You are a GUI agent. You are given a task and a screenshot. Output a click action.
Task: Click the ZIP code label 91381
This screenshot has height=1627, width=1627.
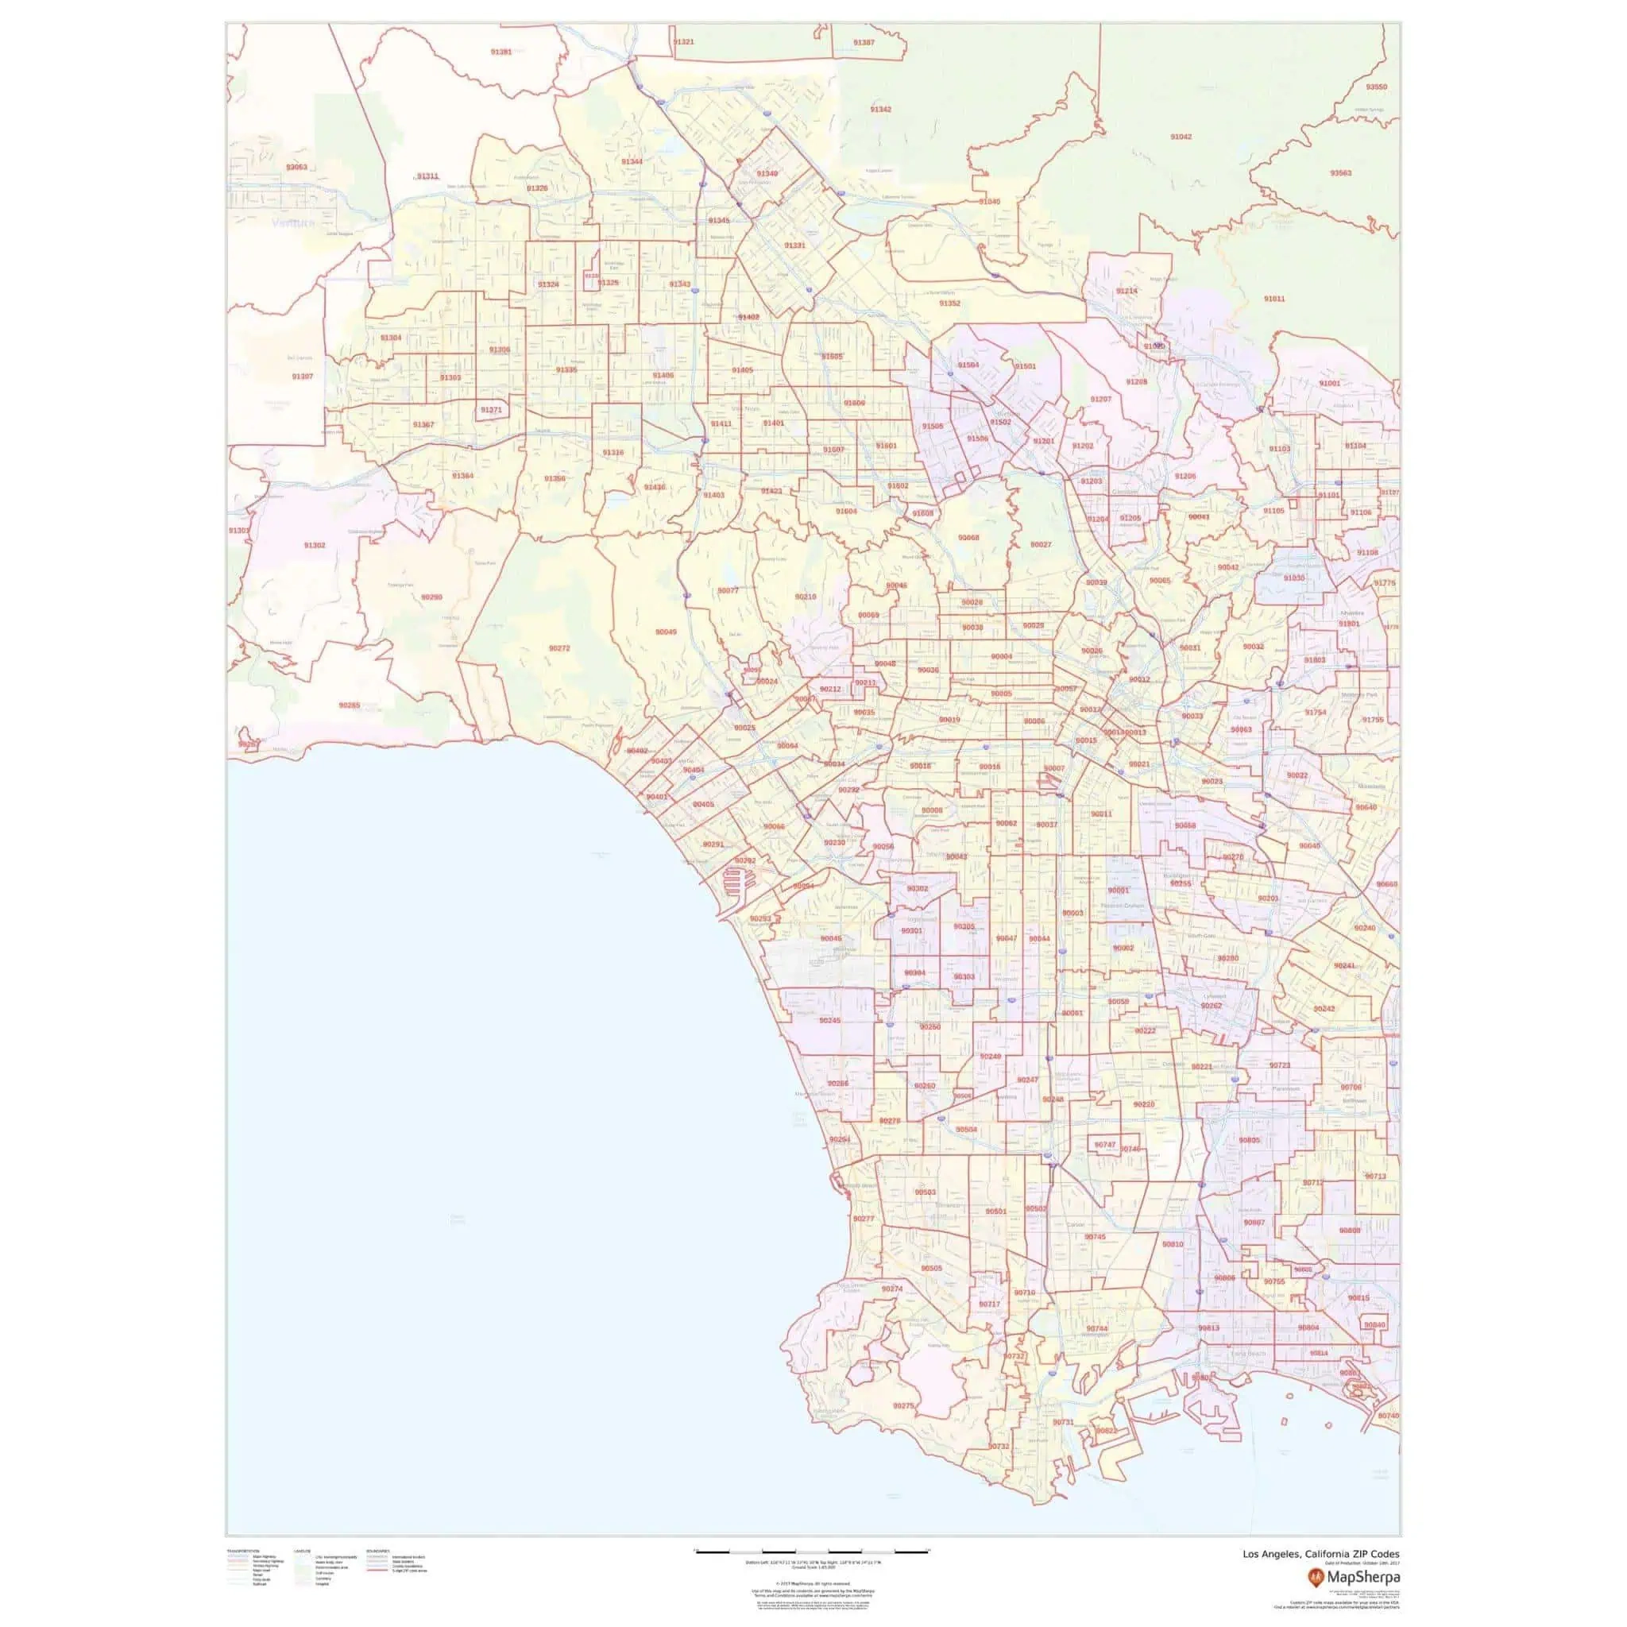[500, 52]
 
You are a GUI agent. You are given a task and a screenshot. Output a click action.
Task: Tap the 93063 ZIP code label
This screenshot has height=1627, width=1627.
[296, 168]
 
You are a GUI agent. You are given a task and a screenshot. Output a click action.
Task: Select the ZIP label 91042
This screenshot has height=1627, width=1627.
[1181, 137]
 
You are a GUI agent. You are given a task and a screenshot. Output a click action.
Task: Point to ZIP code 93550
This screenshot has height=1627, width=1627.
[1376, 87]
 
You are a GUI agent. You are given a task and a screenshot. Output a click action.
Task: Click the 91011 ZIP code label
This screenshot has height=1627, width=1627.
[1274, 299]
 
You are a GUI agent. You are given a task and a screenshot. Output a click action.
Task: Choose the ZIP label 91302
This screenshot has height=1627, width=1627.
[314, 546]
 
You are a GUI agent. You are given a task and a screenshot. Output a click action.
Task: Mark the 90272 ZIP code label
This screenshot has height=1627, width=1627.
[559, 648]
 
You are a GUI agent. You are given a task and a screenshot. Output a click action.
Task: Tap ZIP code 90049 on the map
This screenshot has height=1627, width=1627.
[665, 632]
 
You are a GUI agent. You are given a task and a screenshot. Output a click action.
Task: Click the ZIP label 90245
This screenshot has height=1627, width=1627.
[829, 1021]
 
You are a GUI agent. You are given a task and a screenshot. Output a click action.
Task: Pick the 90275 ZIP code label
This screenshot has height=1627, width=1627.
[902, 1406]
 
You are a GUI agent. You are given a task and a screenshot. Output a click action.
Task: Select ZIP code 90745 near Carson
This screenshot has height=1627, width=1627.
[1095, 1237]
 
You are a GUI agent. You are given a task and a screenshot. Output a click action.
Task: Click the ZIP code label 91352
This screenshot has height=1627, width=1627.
[949, 303]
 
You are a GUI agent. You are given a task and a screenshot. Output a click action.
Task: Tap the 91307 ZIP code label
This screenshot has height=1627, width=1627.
[303, 377]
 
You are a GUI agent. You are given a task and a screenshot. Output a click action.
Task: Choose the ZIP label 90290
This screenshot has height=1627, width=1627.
[431, 597]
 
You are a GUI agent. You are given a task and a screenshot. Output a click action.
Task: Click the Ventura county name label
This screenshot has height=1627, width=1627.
[292, 223]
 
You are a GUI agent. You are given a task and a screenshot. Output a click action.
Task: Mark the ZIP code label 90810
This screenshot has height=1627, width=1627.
[1173, 1244]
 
